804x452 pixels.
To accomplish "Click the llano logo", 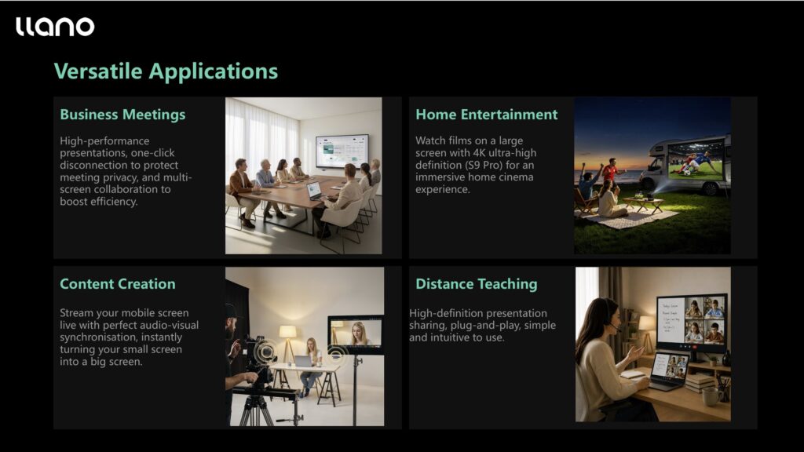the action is (x=55, y=27).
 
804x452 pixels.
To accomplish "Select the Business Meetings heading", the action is (x=122, y=115).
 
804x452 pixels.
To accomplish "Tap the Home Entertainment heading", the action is (x=486, y=115).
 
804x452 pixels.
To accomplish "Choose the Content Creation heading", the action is (x=118, y=284).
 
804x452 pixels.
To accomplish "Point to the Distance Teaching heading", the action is (x=477, y=284).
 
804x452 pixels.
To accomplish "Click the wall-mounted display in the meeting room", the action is (x=342, y=151).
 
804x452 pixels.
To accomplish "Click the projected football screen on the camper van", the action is (x=696, y=161).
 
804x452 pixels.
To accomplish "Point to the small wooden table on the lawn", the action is (x=644, y=204).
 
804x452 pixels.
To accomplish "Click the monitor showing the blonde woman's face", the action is (x=356, y=334).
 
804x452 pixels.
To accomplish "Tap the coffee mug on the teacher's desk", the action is (x=711, y=397).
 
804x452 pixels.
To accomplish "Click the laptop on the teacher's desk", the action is (x=668, y=371).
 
